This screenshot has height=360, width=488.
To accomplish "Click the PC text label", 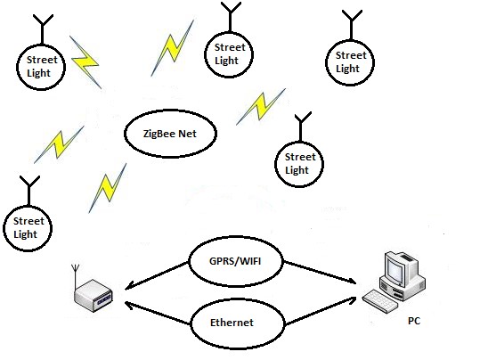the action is click(414, 321).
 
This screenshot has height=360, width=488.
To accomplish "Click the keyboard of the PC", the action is click(380, 301).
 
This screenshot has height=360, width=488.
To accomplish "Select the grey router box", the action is click(94, 295).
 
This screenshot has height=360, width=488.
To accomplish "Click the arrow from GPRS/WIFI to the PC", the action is click(321, 273).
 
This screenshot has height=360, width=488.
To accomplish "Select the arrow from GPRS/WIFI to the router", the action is click(156, 276).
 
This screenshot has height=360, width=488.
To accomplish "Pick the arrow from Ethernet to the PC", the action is click(321, 311).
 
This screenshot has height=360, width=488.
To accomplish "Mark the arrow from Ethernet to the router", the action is click(158, 313).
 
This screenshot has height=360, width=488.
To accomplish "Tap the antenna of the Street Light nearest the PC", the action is click(301, 127).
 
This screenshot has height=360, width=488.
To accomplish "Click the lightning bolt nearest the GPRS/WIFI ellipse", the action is click(108, 188).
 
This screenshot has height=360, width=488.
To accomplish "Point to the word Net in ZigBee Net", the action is click(188, 134).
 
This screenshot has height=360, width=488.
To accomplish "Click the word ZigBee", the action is click(159, 135).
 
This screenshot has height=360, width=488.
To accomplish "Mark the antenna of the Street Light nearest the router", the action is click(29, 191).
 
